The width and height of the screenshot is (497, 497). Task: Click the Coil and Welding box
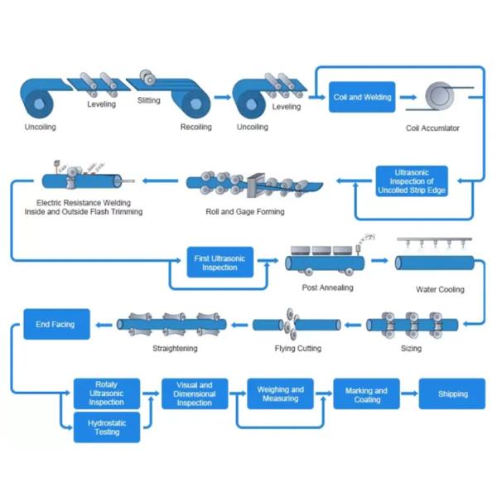[362, 97]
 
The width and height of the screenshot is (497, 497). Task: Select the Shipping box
[452, 393]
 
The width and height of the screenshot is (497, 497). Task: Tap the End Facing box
[56, 324]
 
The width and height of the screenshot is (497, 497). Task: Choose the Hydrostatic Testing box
[107, 427]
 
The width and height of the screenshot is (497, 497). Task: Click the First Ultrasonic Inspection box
[220, 262]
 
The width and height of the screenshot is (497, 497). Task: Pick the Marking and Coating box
[366, 393]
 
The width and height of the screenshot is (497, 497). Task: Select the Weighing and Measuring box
[281, 393]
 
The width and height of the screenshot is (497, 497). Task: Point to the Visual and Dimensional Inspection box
[195, 393]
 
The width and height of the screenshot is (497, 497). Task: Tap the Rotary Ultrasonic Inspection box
[107, 393]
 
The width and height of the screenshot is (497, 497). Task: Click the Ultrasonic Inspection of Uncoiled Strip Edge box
[412, 181]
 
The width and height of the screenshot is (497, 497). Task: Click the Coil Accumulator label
[432, 128]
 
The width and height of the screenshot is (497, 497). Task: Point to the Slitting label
[148, 100]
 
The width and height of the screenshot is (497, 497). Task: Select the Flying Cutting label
[298, 349]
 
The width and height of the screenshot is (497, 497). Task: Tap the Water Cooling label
[440, 289]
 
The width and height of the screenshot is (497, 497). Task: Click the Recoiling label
[195, 127]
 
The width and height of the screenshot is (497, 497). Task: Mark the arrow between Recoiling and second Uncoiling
[223, 97]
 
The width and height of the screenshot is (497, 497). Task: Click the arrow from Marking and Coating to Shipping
[409, 393]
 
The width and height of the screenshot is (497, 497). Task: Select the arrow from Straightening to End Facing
[104, 325]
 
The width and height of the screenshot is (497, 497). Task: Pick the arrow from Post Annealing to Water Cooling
[379, 261]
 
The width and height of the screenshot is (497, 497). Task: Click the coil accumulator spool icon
[440, 96]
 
